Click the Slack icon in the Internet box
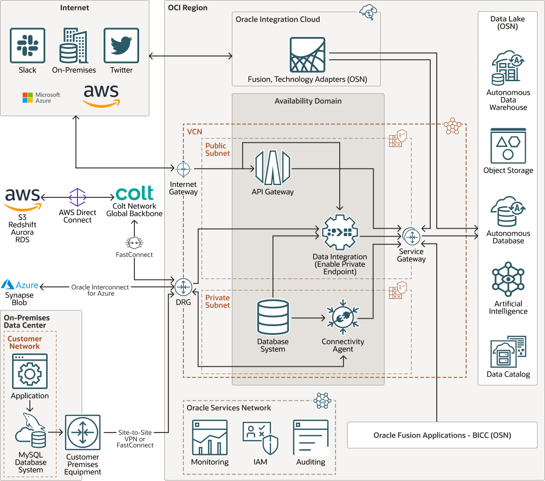(28, 45)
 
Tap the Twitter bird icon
(121, 45)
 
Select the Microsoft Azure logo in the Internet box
(42, 98)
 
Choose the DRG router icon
(183, 287)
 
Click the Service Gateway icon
(411, 237)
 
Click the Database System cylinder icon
(273, 318)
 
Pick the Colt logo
(134, 193)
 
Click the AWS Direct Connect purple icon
(77, 197)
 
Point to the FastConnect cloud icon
(134, 243)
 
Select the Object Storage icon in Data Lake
(508, 146)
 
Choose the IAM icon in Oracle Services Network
(260, 438)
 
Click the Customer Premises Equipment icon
(83, 432)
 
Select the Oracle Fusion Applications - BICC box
(442, 435)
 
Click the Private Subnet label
(217, 301)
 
